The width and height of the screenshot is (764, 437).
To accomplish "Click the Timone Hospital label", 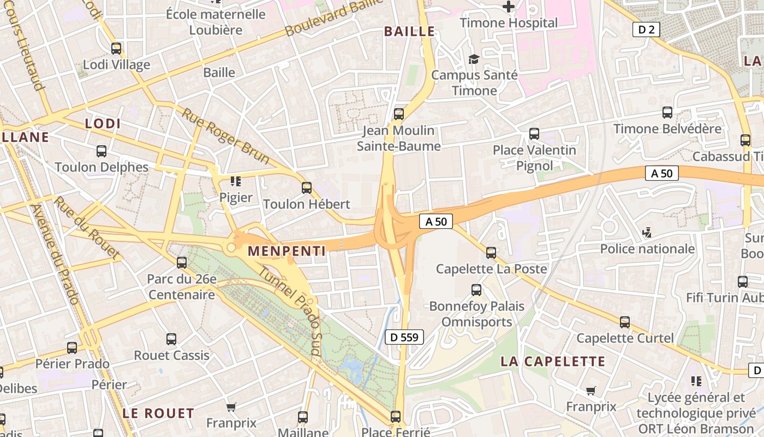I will tap(509, 23).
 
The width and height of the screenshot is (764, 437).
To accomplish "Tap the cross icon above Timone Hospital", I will tap(509, 7).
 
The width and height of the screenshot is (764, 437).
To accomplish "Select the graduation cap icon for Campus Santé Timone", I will tap(474, 59).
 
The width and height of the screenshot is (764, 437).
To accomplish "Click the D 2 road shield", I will tap(646, 29).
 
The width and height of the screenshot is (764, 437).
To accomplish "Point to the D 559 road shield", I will tap(404, 337).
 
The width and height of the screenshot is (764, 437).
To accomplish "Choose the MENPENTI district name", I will tap(286, 251).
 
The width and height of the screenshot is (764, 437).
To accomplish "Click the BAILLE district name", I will tap(410, 32).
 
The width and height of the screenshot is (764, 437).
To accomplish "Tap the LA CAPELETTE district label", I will tap(553, 361).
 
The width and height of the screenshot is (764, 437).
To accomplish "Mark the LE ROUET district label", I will tap(158, 413).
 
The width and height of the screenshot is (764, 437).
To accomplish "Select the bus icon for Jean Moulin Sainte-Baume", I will tap(399, 114).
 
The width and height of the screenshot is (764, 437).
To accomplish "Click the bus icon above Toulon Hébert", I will tap(307, 188).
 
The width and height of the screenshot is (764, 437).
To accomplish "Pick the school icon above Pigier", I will tap(236, 181).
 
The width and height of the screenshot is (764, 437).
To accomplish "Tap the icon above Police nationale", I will tap(647, 233).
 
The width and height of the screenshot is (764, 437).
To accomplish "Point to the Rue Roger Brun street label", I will tap(225, 137).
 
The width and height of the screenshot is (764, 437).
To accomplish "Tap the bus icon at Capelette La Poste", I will tap(491, 252).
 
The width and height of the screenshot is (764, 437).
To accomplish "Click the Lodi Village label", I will tap(116, 65).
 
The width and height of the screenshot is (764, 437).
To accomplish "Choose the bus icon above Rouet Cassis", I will tap(171, 339).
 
